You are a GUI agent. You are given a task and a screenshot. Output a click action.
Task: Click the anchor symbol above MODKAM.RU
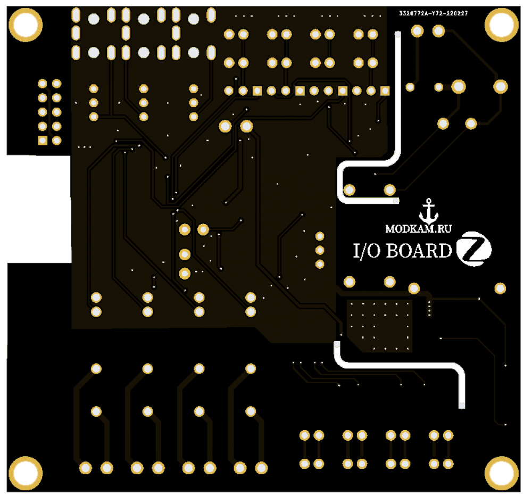(428, 211)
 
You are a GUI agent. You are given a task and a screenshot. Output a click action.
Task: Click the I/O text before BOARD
(367, 250)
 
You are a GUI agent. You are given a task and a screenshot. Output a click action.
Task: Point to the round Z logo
(475, 249)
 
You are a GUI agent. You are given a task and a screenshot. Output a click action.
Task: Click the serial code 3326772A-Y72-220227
(434, 13)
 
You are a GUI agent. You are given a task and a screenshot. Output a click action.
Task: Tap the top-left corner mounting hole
(26, 24)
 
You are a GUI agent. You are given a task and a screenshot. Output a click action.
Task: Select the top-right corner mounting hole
(501, 24)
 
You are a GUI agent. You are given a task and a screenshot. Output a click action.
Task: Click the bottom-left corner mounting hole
(26, 473)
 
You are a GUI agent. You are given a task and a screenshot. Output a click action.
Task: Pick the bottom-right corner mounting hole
(501, 473)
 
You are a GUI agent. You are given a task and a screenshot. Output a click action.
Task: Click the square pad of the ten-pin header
(43, 141)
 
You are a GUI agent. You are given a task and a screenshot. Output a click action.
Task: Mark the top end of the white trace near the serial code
(397, 35)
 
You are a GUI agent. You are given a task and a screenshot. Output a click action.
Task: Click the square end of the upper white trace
(395, 201)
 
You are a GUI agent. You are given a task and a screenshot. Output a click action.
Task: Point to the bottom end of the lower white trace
(461, 406)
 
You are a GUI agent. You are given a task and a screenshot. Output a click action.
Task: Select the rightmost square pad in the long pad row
(385, 90)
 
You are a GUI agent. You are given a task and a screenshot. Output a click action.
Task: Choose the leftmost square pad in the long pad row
(257, 90)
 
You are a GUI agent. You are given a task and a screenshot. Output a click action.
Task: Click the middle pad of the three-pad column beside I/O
(320, 250)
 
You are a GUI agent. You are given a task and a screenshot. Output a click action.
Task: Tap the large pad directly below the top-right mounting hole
(500, 86)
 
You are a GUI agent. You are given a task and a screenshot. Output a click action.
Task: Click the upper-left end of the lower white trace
(336, 345)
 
